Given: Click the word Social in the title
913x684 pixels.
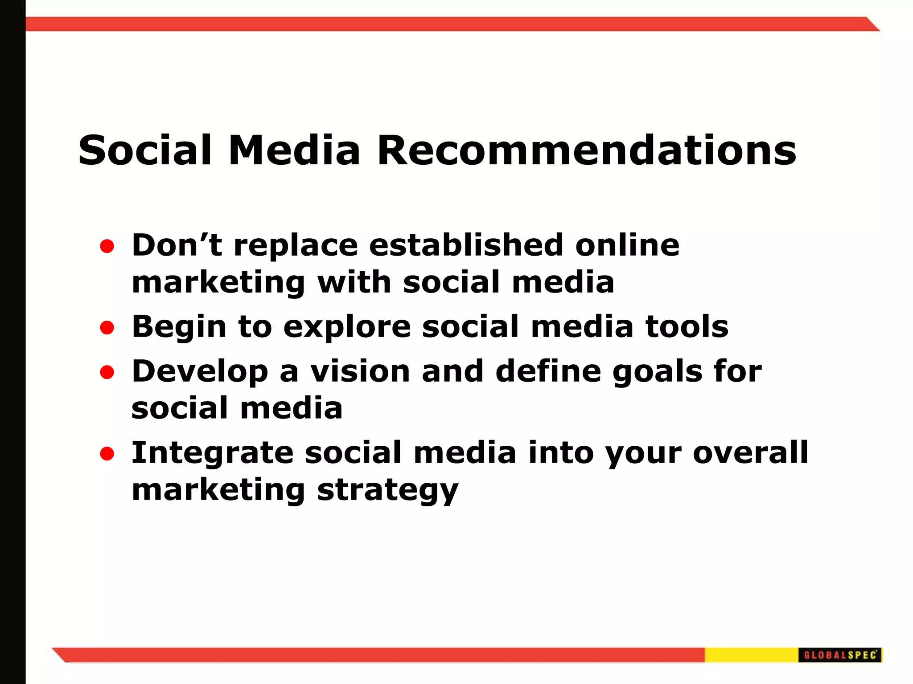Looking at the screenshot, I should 145,151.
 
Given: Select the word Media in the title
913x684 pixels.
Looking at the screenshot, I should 294,151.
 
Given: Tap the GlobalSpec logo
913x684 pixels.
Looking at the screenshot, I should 840,655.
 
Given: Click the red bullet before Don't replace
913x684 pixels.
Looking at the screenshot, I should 107,246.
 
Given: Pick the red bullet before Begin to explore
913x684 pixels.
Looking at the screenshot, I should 107,328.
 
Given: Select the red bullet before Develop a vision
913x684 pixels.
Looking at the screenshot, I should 107,372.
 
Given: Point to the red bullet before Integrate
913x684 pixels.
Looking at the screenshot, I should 107,454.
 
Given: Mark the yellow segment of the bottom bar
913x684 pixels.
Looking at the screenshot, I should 751,655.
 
